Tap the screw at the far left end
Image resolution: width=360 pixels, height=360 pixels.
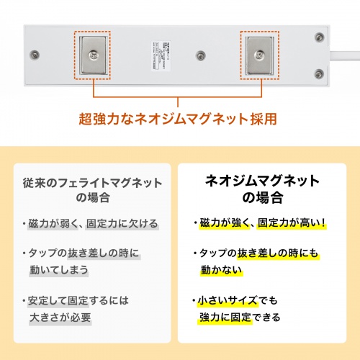32,55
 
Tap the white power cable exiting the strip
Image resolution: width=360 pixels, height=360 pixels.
347,53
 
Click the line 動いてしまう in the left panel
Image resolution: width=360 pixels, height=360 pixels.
58,270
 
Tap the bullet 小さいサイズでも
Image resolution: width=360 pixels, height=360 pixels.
240,300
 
